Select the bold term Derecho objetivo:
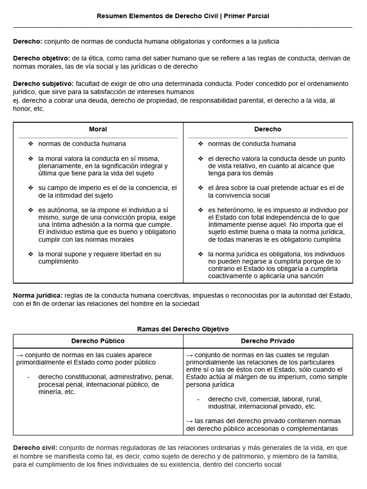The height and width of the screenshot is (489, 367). pyautogui.click(x=42, y=58)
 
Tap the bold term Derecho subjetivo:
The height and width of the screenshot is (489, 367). pyautogui.click(x=43, y=84)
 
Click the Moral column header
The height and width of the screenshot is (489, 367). pyautogui.click(x=98, y=129)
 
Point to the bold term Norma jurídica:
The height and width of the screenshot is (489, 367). pyautogui.click(x=37, y=296)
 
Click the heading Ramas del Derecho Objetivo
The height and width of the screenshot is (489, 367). pyautogui.click(x=183, y=329)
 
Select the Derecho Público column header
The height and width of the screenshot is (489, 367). pyautogui.click(x=98, y=341)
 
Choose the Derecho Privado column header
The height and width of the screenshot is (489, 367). pyautogui.click(x=268, y=341)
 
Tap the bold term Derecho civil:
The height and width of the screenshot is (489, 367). pyautogui.click(x=35, y=448)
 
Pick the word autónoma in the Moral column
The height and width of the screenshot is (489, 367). pyautogui.click(x=61, y=210)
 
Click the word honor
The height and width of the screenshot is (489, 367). pyautogui.click(x=22, y=109)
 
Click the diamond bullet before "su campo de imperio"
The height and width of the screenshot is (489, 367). pyautogui.click(x=31, y=188)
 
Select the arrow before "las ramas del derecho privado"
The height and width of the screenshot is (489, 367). pyautogui.click(x=189, y=421)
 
